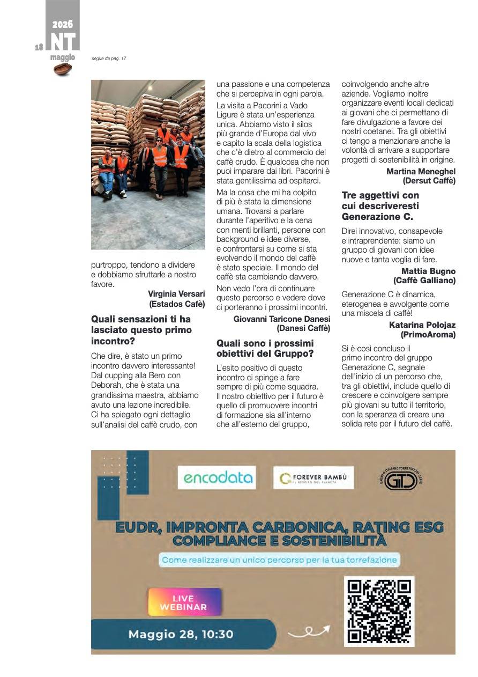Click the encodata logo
click(x=216, y=477)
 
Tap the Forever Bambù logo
click(x=313, y=477)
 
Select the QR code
click(x=379, y=612)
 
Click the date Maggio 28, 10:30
click(x=181, y=634)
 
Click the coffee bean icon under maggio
click(x=63, y=69)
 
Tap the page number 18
click(x=39, y=47)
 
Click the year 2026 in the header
click(x=62, y=24)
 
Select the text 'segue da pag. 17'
click(x=109, y=58)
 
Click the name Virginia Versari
click(x=176, y=293)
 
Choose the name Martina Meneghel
click(x=421, y=172)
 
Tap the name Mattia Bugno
click(x=428, y=271)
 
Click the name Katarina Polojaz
click(x=422, y=325)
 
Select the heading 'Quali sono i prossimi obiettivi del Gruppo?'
click(x=265, y=348)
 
